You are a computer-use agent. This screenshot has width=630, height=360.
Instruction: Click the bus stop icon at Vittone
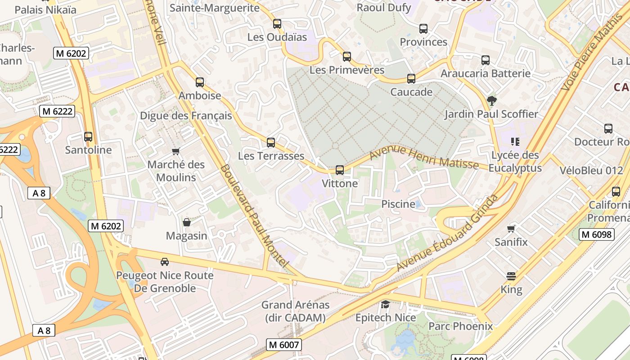click(x=340, y=170)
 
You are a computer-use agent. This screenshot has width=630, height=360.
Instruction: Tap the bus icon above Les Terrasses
click(x=270, y=143)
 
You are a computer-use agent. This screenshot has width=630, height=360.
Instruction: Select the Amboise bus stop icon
click(x=200, y=82)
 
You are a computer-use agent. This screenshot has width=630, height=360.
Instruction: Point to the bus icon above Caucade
click(x=411, y=79)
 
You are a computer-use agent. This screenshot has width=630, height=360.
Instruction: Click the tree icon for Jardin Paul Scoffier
click(x=492, y=101)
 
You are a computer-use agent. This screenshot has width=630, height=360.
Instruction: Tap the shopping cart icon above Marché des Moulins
click(x=176, y=151)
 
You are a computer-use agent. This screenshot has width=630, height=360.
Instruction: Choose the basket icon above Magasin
click(x=186, y=222)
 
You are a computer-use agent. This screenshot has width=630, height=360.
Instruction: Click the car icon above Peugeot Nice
click(x=165, y=262)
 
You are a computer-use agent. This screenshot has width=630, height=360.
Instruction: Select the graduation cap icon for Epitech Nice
click(x=385, y=305)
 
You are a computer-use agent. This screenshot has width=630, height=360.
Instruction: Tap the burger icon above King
click(x=511, y=276)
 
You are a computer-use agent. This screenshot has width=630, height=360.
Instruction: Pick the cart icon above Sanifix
click(x=511, y=229)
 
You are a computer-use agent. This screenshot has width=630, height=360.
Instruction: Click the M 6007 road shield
click(x=283, y=345)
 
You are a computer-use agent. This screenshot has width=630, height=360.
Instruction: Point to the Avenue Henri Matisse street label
click(x=424, y=157)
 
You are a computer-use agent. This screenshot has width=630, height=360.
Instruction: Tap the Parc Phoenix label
click(x=460, y=326)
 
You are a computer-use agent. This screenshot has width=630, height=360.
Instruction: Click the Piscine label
click(x=398, y=204)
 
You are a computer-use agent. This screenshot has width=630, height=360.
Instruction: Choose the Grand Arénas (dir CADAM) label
click(x=295, y=311)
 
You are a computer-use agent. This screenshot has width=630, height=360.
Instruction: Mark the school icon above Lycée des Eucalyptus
click(x=515, y=142)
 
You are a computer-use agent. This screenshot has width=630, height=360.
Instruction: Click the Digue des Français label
click(x=186, y=116)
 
